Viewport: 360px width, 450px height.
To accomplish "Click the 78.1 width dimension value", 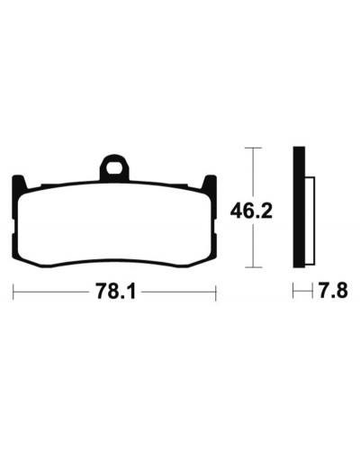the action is pos(115,292).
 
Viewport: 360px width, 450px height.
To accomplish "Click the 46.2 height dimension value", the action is pos(251,211).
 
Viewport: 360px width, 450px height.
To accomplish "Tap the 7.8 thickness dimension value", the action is pos(333,291).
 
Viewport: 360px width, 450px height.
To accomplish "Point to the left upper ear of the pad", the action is pos(19,183).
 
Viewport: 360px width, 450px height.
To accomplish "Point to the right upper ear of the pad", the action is pos(210,183).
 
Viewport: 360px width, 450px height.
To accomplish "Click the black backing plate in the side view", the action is pos(299,207).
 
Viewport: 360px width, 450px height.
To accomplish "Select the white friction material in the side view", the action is pos(310,220).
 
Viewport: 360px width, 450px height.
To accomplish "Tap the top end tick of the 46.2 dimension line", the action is pos(254,148).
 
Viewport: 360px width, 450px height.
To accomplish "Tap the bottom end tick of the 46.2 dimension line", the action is pos(254,267).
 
